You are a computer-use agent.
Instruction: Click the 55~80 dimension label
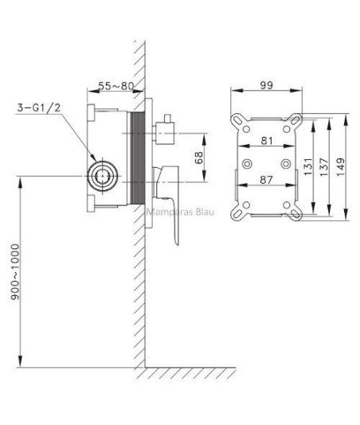(116, 86)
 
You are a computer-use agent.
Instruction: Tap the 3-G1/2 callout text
(38, 108)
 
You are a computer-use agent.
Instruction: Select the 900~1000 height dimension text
(15, 271)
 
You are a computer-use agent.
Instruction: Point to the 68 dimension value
(198, 158)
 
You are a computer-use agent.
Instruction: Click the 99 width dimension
(266, 85)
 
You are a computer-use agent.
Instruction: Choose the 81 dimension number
(267, 141)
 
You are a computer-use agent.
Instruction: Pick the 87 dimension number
(266, 180)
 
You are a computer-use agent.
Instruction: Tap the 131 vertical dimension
(308, 166)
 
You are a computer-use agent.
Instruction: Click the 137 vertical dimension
(324, 167)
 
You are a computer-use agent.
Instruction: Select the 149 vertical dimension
(340, 167)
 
